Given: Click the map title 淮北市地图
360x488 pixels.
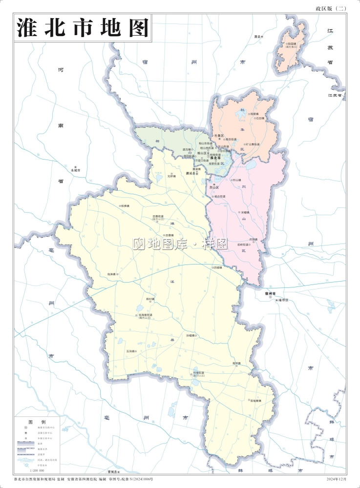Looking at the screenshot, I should [x=83, y=28].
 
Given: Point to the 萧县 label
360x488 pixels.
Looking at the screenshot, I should [x=257, y=37].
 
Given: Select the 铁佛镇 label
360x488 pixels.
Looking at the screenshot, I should [x=125, y=206].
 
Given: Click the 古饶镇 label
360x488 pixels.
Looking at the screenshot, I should [x=253, y=239].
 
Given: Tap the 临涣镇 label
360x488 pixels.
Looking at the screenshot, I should [x=111, y=274].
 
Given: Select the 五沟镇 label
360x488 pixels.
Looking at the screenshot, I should [x=130, y=351].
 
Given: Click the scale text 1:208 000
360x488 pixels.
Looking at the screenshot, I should [x=37, y=470].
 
